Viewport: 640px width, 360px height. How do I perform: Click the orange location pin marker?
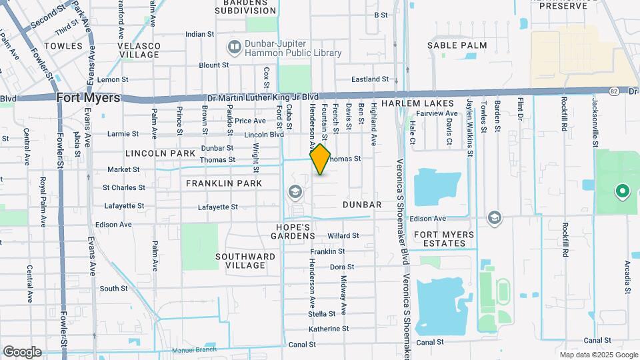(320, 159)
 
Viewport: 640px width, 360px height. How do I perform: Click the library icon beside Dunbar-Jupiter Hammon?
(233, 47)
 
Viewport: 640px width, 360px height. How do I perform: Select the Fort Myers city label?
(89, 97)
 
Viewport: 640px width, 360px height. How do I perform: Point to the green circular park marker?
(623, 192)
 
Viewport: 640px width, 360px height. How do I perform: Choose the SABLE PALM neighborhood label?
(457, 45)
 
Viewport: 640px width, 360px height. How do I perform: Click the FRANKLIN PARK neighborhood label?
(224, 183)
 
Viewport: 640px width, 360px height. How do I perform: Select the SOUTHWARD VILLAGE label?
(245, 261)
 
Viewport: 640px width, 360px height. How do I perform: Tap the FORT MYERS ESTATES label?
(444, 239)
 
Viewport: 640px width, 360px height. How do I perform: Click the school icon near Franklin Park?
(294, 193)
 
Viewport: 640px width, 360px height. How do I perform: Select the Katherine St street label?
(329, 329)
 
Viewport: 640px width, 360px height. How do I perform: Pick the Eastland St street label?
(370, 79)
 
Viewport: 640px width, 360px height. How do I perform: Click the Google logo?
(22, 351)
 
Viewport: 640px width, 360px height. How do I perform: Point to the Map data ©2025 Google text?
(598, 355)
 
